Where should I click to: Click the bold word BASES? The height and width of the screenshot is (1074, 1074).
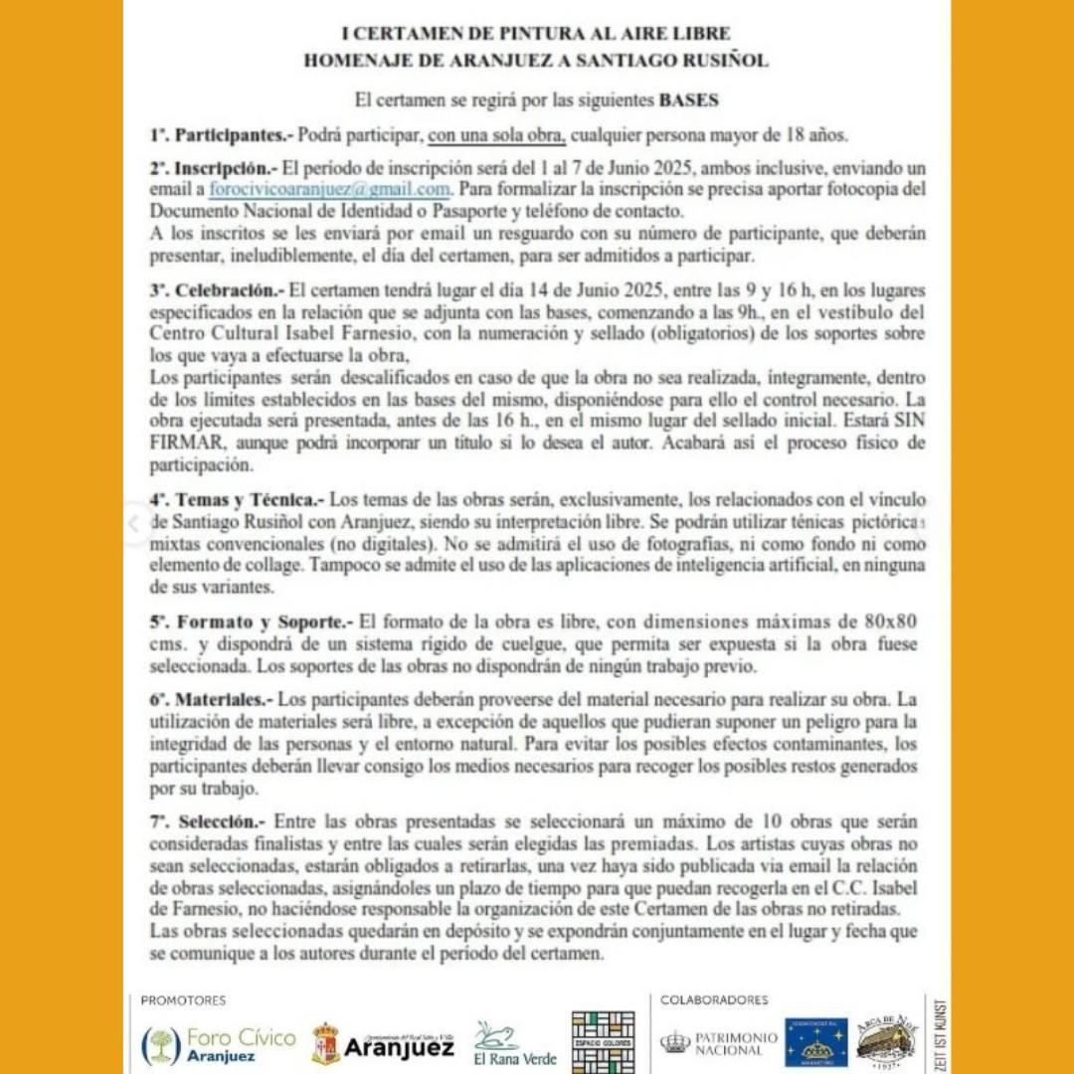click(x=688, y=100)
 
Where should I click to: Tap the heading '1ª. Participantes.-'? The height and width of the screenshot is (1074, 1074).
click(x=211, y=134)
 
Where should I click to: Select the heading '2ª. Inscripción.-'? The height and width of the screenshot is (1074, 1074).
click(x=212, y=168)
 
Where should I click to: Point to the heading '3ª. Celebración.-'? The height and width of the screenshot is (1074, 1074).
click(x=211, y=291)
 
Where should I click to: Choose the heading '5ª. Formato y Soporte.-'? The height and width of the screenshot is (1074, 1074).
click(x=250, y=623)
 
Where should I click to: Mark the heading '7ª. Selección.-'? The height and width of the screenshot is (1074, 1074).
click(x=207, y=822)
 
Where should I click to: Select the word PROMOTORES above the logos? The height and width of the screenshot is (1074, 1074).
click(x=183, y=1000)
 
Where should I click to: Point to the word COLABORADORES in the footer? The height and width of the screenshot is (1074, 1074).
click(x=714, y=1000)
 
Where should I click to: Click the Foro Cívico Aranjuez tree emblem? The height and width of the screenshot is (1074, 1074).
click(x=160, y=1045)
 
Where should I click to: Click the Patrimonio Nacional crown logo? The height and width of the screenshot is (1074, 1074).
click(x=675, y=1042)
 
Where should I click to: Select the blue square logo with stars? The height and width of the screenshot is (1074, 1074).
click(x=815, y=1042)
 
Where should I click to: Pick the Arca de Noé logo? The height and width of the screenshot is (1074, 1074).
click(x=887, y=1041)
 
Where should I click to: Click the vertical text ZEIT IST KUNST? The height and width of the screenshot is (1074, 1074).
click(x=941, y=1033)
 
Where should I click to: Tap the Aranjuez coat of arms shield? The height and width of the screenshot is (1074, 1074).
click(x=325, y=1044)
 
